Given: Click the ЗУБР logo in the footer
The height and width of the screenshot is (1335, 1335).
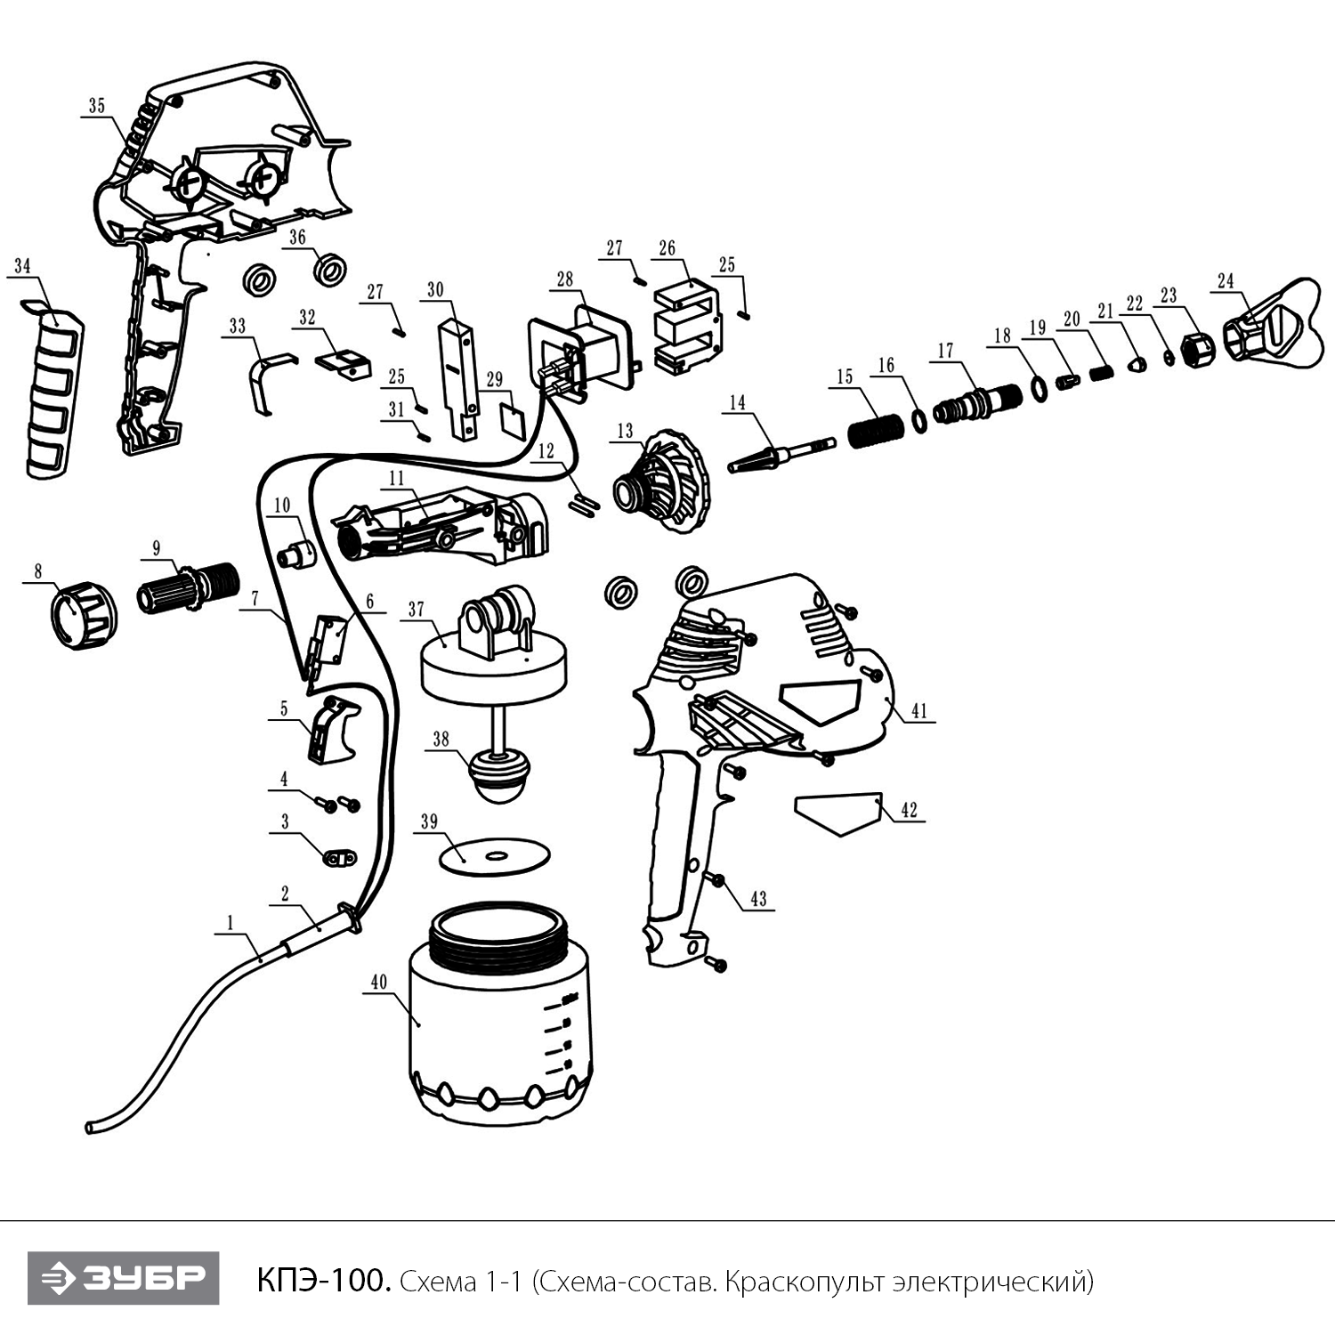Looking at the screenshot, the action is tap(123, 1278).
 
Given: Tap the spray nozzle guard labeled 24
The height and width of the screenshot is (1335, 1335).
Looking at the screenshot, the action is tap(1272, 323).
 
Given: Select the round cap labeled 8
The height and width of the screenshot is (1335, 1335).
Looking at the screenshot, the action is tap(82, 614).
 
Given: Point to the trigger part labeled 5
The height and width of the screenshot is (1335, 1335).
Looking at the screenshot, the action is tap(331, 730).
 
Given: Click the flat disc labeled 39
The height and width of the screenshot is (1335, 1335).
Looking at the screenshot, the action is tap(495, 855).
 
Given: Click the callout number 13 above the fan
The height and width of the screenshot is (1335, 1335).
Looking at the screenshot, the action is tap(626, 432).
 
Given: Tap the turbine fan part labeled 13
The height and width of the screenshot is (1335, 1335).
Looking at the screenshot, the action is tap(660, 481).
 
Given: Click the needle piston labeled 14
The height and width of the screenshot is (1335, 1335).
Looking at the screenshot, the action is tap(780, 455).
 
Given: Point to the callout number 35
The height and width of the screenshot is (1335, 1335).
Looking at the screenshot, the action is tap(96, 106).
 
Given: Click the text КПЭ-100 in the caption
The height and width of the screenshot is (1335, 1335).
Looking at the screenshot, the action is tap(324, 1281).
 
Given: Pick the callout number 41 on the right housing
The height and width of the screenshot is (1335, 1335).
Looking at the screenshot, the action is tap(919, 711).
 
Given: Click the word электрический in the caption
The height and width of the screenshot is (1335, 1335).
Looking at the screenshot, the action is tap(994, 1282).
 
